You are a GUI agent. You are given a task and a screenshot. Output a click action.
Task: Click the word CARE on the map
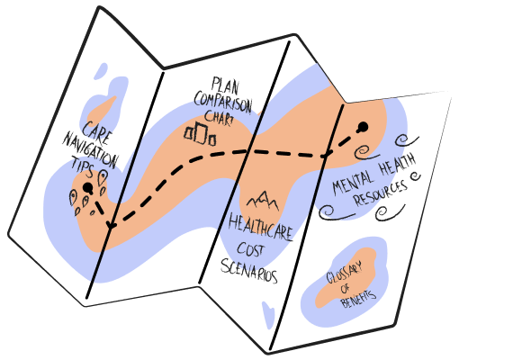click(x=97, y=133)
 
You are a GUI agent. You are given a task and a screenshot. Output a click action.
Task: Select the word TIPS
click(x=82, y=166)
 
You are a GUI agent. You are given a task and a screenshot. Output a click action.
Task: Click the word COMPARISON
click(x=223, y=102)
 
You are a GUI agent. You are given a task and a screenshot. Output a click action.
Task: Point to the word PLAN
click(x=225, y=85)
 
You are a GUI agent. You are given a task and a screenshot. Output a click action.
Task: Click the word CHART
click(x=219, y=118)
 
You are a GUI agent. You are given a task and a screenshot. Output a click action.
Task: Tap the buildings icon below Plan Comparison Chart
click(x=200, y=133)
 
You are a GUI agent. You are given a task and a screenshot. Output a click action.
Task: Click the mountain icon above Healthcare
click(x=263, y=202)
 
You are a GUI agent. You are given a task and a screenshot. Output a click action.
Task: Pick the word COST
click(x=250, y=249)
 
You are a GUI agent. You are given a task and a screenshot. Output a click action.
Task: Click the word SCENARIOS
click(x=249, y=271)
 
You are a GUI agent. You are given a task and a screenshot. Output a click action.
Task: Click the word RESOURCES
click(x=381, y=193)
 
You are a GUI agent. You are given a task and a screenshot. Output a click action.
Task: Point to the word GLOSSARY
click(x=345, y=274)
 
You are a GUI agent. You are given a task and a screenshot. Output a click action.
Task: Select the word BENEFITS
click(x=358, y=299)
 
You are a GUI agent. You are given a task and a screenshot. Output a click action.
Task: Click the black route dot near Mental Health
click(x=363, y=127)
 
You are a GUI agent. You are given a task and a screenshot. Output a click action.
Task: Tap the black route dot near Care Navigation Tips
click(x=87, y=188)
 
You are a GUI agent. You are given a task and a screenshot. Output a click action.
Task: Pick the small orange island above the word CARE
click(x=101, y=110)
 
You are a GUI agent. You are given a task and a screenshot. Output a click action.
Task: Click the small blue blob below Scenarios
click(x=268, y=315)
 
